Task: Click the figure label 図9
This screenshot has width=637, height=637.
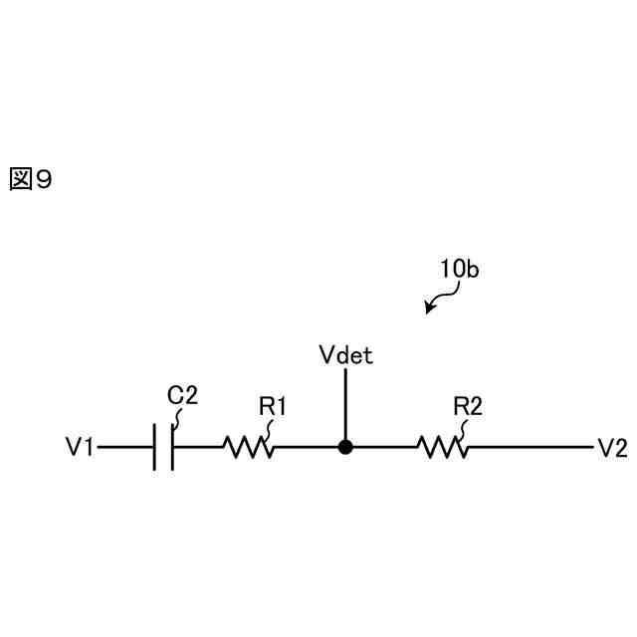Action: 29,179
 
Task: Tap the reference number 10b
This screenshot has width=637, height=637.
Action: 459,269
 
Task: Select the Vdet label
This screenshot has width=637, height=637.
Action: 346,355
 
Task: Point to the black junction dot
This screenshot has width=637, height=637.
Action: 345,447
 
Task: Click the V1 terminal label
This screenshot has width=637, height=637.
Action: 80,448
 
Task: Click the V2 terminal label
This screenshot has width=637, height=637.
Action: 611,448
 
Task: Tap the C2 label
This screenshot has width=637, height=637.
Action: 182,394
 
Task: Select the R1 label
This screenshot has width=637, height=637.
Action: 273,406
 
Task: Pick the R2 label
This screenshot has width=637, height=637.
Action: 468,406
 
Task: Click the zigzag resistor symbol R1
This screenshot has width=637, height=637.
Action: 248,448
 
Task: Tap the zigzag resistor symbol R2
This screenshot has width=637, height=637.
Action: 443,448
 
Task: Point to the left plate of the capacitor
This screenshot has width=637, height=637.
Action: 156,448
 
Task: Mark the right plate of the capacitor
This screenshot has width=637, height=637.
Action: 173,448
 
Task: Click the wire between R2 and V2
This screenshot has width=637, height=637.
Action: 528,448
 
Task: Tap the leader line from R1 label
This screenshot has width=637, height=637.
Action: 268,428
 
